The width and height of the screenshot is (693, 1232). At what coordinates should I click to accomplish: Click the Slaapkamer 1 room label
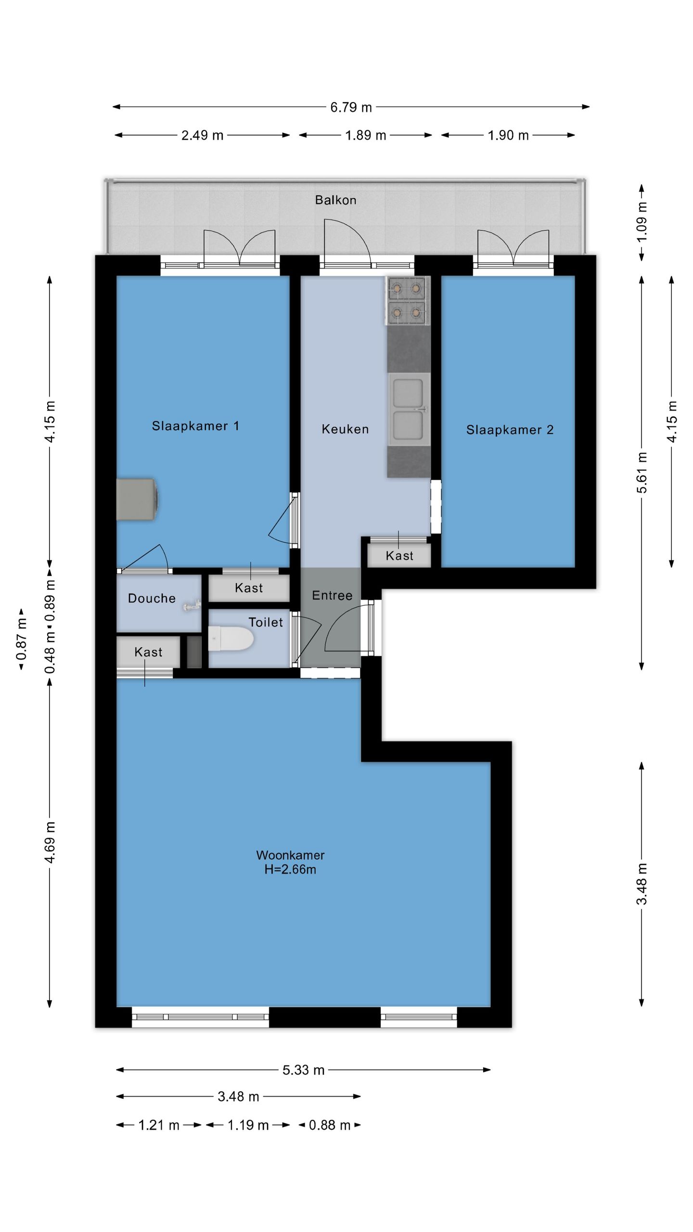pos(195,426)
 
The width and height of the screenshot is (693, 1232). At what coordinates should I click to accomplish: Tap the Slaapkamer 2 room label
pos(510,430)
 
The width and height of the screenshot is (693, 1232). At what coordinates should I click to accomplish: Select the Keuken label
pos(345,429)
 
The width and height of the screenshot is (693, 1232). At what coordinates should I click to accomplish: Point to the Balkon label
pos(335,200)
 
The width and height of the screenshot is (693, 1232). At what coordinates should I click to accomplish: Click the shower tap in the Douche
pos(192,606)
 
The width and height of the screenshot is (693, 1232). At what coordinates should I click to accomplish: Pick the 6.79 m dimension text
pos(351,107)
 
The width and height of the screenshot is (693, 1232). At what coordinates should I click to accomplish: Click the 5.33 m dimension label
pos(303,1070)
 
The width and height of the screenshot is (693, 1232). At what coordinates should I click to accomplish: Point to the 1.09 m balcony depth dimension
pos(642,222)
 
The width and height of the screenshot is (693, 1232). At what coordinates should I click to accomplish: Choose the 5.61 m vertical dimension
pos(642,473)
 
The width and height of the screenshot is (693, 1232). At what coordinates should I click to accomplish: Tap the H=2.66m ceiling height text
pos(290,869)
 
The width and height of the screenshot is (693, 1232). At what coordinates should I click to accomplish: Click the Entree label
pos(332,595)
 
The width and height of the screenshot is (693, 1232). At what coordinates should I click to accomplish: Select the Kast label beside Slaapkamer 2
pos(399,556)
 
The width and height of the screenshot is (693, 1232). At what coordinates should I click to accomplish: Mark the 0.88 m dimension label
pos(329,1125)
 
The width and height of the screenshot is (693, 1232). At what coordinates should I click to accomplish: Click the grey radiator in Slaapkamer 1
pos(137,499)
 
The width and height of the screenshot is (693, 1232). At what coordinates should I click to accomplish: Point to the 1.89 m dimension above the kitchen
pos(365,135)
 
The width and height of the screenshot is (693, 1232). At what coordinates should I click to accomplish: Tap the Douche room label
pos(152,598)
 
